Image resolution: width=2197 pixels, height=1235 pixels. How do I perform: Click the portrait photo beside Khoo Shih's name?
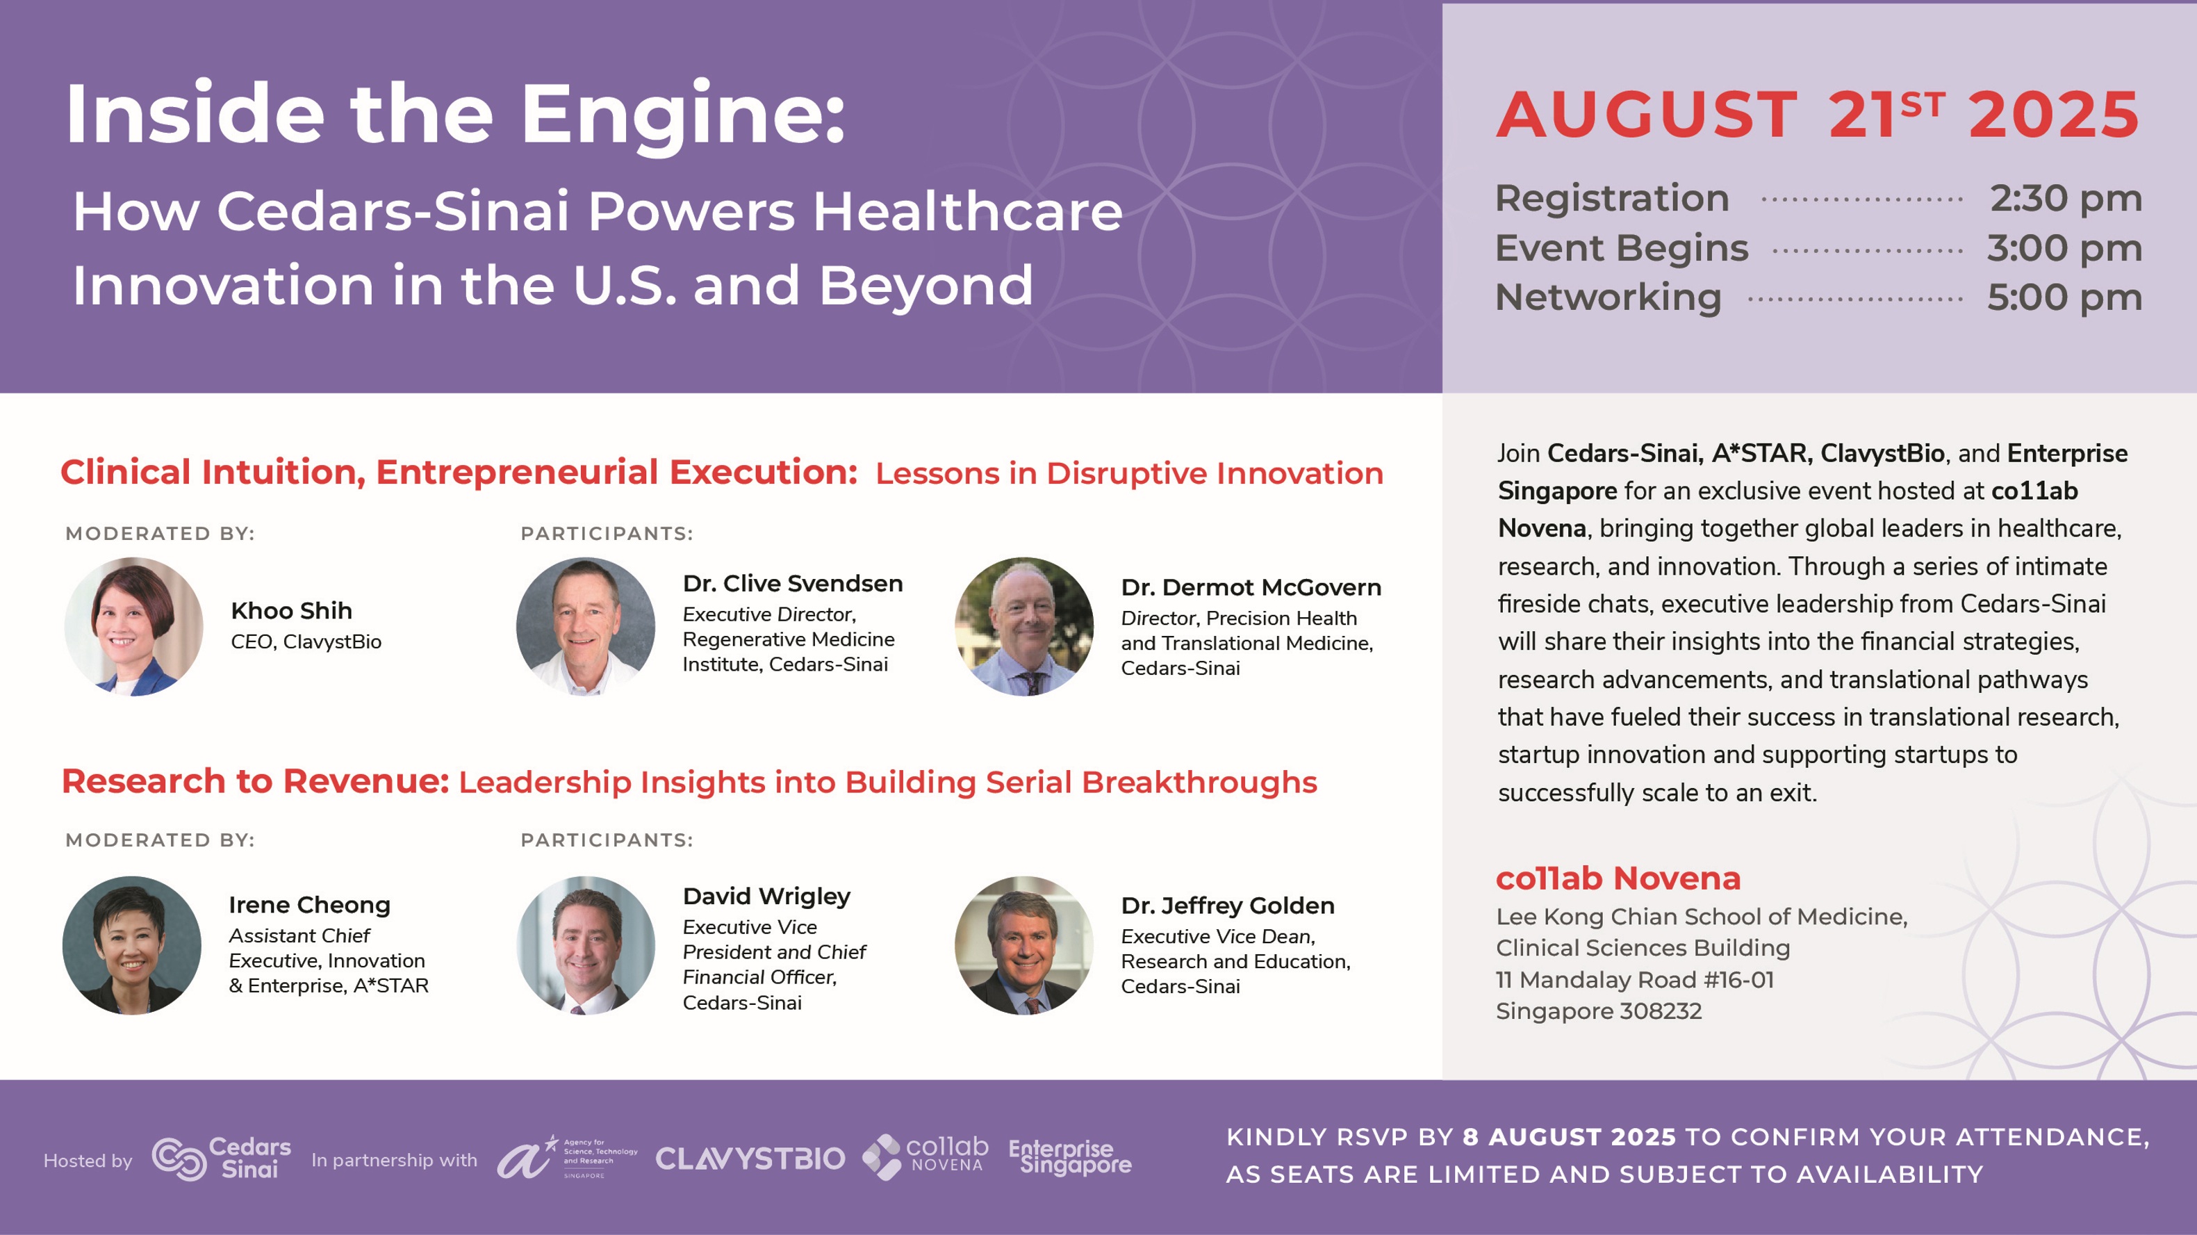click(134, 627)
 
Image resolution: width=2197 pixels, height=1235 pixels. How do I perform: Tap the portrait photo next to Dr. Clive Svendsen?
click(586, 627)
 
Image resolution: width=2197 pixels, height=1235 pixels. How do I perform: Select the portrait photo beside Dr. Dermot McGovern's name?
click(1024, 627)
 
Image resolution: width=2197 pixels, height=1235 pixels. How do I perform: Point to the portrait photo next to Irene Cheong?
click(132, 945)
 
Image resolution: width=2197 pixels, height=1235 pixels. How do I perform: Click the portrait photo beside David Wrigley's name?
click(586, 945)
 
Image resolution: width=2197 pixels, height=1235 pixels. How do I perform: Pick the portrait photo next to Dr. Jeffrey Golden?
click(1024, 945)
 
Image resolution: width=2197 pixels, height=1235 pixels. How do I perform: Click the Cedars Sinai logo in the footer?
click(222, 1159)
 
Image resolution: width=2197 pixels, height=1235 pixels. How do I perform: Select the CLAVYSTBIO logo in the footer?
click(750, 1159)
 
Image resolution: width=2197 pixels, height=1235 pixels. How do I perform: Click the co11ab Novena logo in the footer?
click(925, 1156)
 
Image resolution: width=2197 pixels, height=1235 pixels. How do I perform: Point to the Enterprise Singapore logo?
click(1070, 1156)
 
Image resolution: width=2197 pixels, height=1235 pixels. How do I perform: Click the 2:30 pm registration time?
click(2066, 199)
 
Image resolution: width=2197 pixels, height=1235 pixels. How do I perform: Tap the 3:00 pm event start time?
click(2064, 248)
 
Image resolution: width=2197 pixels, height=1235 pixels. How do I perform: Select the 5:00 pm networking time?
click(2064, 297)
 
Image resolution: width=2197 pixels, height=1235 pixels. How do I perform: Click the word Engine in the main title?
click(682, 117)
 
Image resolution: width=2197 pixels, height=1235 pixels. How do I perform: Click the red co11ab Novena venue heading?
click(1618, 878)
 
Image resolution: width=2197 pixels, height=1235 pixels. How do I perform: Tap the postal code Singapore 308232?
click(1599, 1011)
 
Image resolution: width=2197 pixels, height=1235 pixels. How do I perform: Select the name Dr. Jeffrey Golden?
click(1228, 905)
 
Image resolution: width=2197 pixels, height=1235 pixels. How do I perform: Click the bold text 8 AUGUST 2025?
click(1570, 1137)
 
